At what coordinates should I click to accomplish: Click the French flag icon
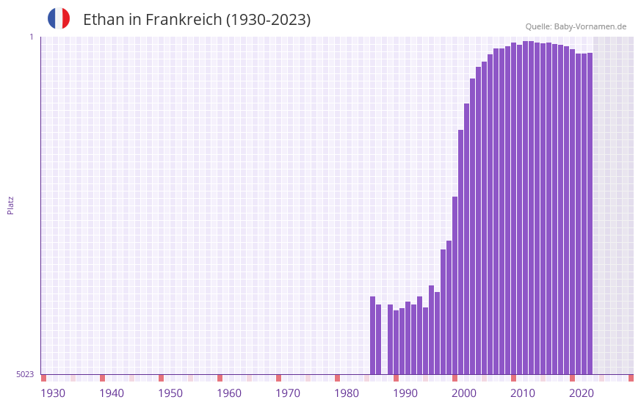coord(59,18)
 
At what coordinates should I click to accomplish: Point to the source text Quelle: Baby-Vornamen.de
coord(576,26)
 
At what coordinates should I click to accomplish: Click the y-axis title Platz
coord(10,205)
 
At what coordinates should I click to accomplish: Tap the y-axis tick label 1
coord(31,37)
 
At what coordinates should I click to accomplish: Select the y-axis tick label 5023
coord(25,374)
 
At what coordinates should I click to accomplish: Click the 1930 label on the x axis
coord(53,393)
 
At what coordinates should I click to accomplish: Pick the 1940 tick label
coord(112,393)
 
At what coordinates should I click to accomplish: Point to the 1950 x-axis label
coord(170,393)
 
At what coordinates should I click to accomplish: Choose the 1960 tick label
coord(229,393)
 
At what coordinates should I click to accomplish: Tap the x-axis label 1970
coord(288,393)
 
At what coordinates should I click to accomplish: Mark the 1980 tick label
coord(347,393)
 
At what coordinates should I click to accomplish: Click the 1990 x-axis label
coord(405,393)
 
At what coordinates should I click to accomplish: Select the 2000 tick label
coord(464,393)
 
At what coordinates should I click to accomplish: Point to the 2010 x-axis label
coord(523,393)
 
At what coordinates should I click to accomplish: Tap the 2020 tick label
coord(582,393)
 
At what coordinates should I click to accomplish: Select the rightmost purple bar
coord(590,213)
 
